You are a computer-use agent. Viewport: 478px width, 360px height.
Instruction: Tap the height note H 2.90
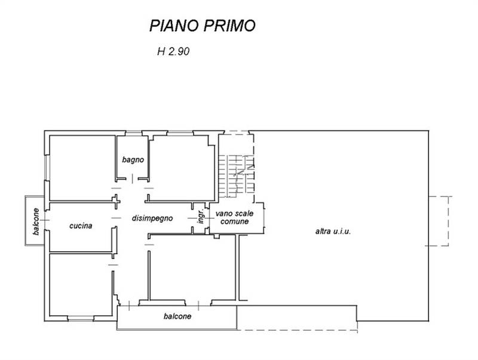point(173,51)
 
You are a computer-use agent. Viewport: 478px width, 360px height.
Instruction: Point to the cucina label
point(80,226)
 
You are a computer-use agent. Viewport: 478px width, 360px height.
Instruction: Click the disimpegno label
point(152,218)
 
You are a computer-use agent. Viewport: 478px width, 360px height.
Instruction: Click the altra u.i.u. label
point(333,231)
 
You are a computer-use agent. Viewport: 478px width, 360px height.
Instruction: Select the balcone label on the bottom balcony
point(177,316)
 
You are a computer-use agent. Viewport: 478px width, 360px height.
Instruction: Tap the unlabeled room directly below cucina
point(80,284)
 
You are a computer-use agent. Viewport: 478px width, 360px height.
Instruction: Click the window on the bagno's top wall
point(134,133)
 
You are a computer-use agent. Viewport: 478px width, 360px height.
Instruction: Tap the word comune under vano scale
point(235,221)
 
